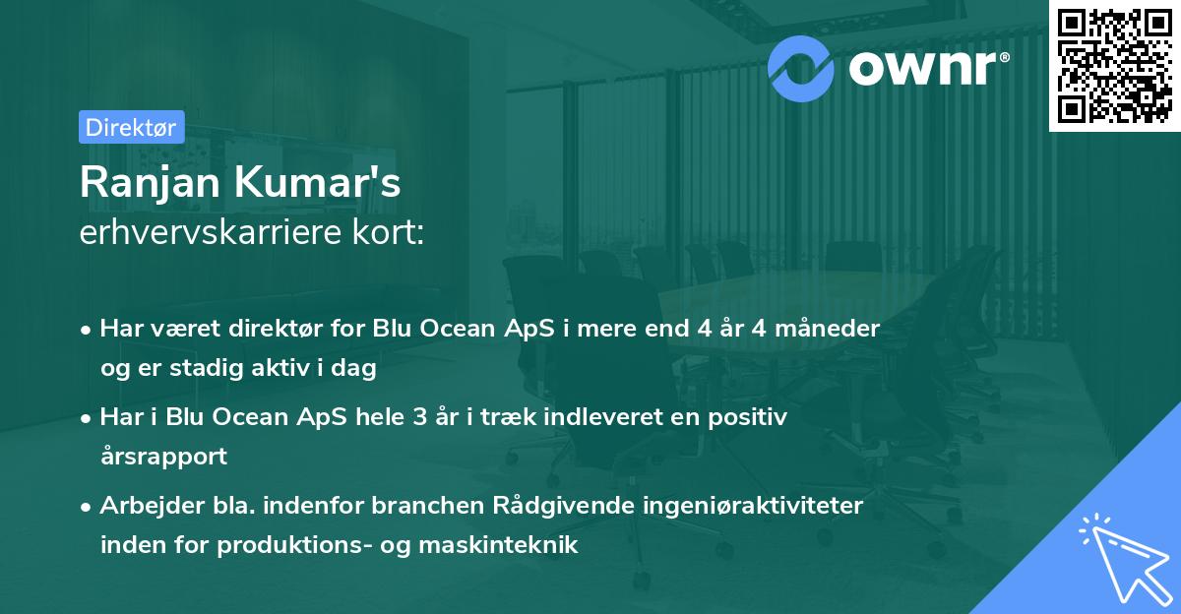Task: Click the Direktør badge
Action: click(x=131, y=126)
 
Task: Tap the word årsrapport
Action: click(x=163, y=457)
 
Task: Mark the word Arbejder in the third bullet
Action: click(x=144, y=505)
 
